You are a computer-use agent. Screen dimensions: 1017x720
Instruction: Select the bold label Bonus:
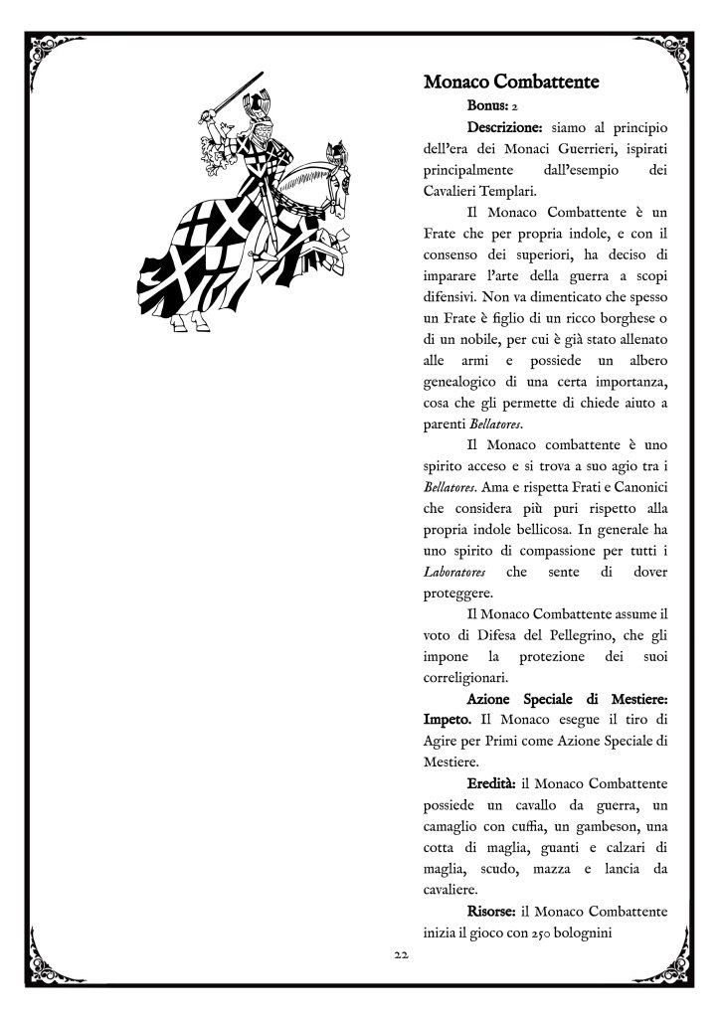click(x=487, y=103)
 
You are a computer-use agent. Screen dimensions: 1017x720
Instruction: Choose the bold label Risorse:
click(x=502, y=913)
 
